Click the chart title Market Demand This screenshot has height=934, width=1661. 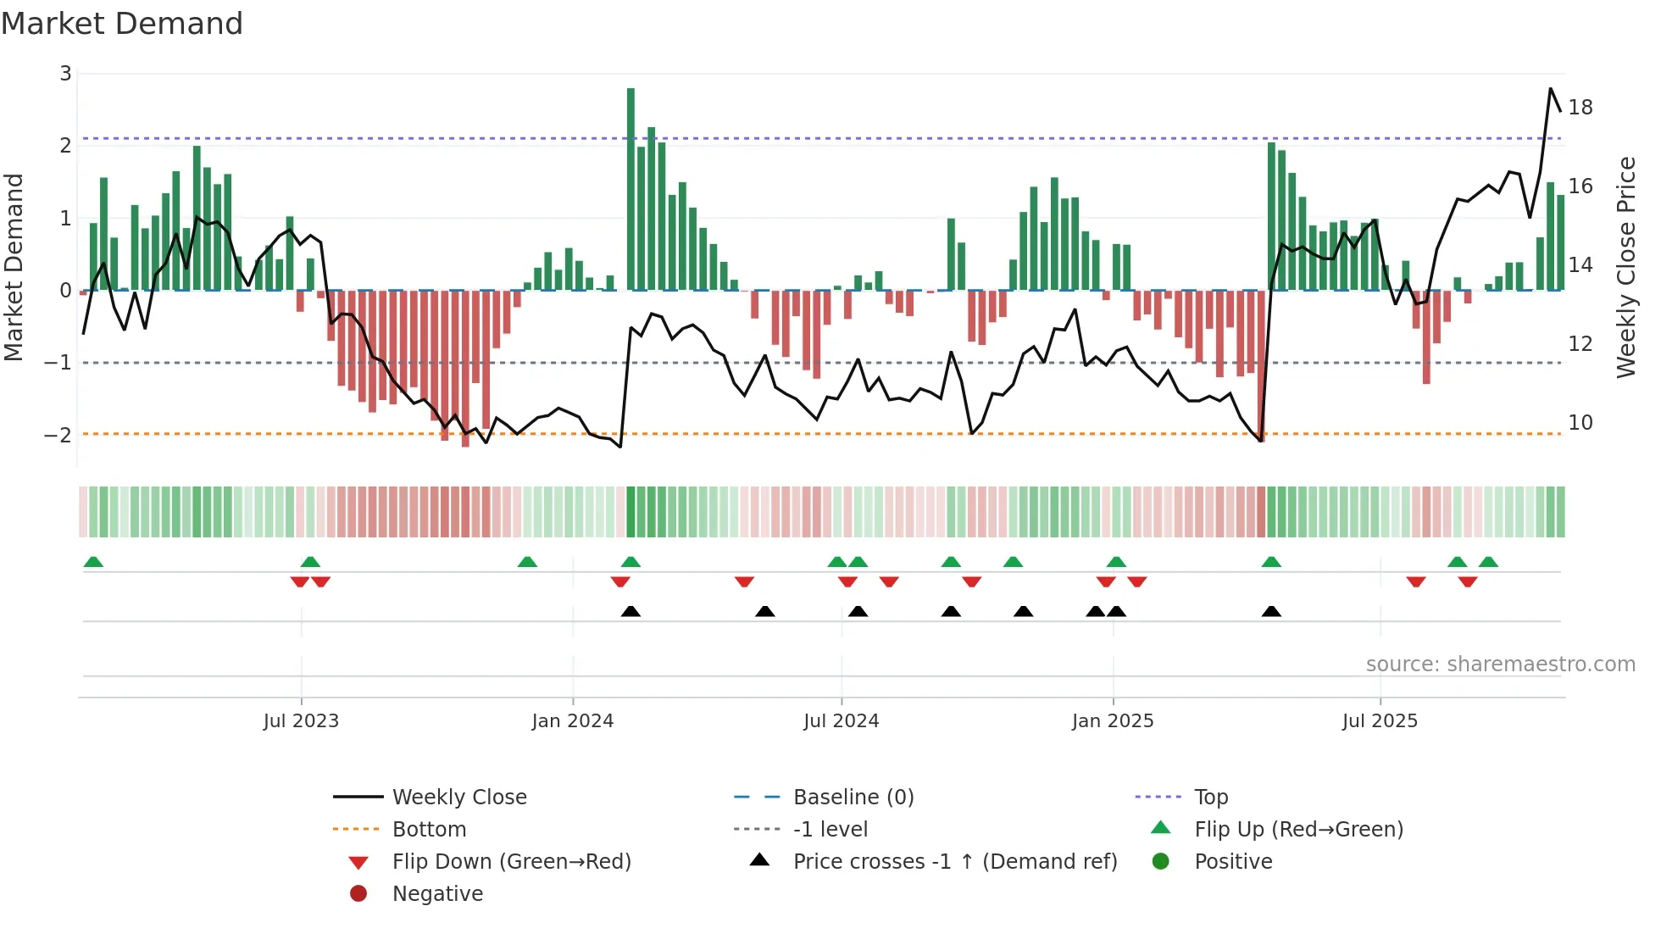(x=122, y=24)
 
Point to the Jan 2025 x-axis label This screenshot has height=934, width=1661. (x=1112, y=721)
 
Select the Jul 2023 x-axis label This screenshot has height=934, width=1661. (x=301, y=721)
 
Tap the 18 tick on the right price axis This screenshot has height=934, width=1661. (x=1580, y=108)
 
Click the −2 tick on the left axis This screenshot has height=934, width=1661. (x=58, y=435)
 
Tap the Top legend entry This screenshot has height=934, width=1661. (x=1210, y=798)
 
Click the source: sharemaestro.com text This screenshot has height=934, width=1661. (x=1500, y=664)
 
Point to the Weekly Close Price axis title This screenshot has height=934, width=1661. (x=1625, y=267)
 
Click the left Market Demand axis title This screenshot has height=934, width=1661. (x=14, y=267)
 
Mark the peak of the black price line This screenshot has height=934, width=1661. (x=1551, y=89)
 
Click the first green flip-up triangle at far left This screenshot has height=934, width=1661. (x=93, y=562)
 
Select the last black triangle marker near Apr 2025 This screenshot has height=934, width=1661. (x=1271, y=611)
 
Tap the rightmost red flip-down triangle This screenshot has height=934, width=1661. (x=1468, y=581)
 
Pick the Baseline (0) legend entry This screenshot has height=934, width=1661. (x=853, y=798)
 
